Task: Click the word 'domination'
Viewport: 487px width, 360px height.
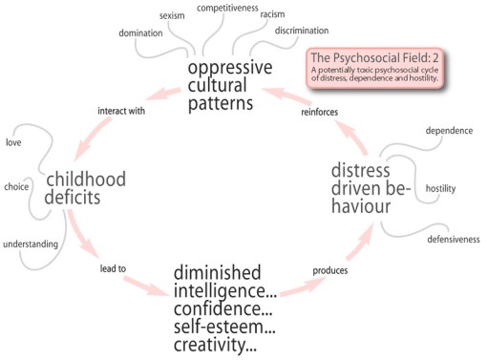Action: [140, 33]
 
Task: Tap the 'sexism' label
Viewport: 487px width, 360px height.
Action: [172, 14]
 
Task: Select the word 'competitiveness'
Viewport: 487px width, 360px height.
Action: [228, 8]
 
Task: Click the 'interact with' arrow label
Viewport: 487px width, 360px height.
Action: [120, 111]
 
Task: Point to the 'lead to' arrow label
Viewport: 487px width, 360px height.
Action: [114, 268]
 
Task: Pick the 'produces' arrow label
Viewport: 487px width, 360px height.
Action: [329, 270]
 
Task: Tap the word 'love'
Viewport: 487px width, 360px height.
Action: [13, 143]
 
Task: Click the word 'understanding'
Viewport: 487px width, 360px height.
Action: [29, 244]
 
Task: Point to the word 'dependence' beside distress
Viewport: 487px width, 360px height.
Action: [450, 131]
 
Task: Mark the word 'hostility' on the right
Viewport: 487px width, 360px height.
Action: [441, 188]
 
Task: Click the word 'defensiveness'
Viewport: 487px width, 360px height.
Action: [453, 239]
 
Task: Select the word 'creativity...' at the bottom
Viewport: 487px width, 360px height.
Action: [216, 342]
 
